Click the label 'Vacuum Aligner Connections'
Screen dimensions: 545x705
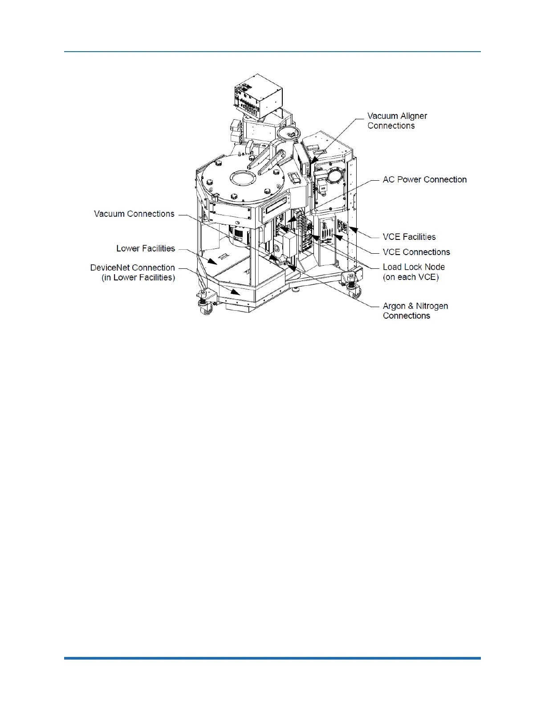click(x=397, y=121)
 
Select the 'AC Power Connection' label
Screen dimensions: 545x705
click(x=424, y=179)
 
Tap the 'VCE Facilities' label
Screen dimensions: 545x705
click(x=409, y=237)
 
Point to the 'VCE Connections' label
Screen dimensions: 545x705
click(x=416, y=252)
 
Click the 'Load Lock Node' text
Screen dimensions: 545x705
click(x=414, y=267)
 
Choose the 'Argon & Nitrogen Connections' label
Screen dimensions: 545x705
click(x=415, y=311)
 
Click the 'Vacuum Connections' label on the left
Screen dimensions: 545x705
click(x=134, y=214)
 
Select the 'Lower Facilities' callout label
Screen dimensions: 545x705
click(x=146, y=248)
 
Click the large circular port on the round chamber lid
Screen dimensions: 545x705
click(x=243, y=179)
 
